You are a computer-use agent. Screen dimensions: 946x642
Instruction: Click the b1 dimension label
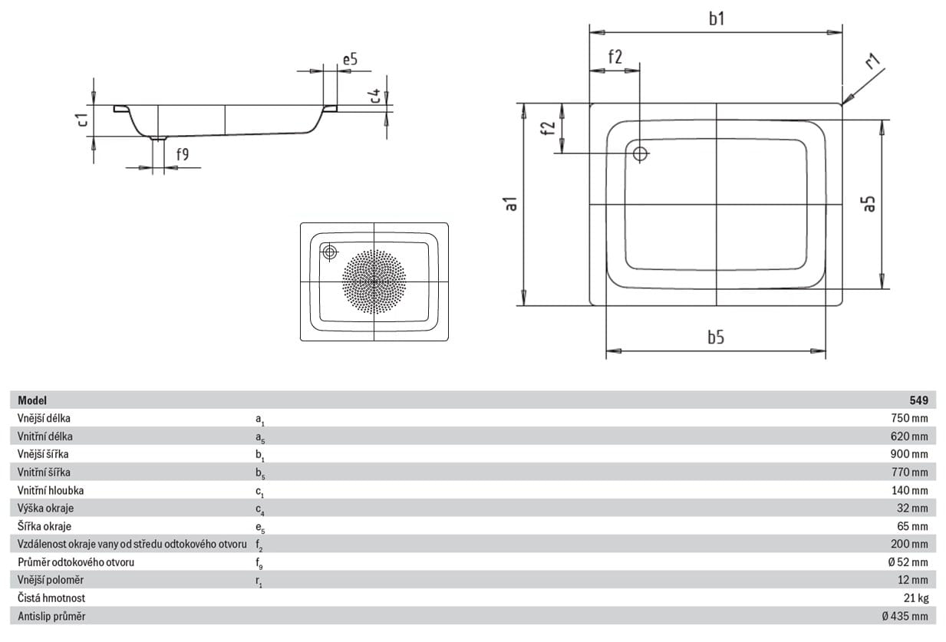click(x=717, y=19)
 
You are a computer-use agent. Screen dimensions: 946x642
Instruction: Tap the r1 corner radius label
click(x=873, y=61)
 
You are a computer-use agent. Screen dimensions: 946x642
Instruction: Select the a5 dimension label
click(x=869, y=204)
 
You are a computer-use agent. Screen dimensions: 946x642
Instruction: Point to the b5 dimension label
click(x=716, y=337)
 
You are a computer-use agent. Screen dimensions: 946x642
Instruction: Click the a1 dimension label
click(x=511, y=204)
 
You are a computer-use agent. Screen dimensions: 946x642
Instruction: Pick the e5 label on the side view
click(x=350, y=59)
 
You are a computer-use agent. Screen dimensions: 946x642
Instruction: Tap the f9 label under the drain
click(x=183, y=154)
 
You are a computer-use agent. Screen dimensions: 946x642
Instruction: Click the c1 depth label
click(x=83, y=120)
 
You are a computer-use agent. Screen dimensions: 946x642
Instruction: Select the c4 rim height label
click(x=374, y=96)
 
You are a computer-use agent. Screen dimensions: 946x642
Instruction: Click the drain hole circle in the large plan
click(x=640, y=153)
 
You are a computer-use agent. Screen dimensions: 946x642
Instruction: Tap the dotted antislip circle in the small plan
click(x=374, y=281)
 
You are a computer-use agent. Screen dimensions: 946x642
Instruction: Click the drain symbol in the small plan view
click(x=329, y=252)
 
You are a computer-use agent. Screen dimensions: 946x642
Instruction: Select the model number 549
click(x=918, y=400)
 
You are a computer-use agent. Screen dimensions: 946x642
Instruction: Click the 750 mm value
click(x=909, y=418)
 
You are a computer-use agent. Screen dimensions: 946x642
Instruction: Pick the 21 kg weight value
click(x=916, y=598)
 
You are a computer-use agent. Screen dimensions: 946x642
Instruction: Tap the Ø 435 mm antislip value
click(x=905, y=616)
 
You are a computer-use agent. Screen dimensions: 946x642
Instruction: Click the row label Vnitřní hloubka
click(x=51, y=490)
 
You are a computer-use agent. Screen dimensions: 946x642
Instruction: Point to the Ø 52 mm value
click(x=908, y=562)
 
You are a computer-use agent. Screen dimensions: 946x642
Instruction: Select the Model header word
click(x=32, y=400)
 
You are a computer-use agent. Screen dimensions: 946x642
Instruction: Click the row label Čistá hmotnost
click(x=51, y=598)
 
